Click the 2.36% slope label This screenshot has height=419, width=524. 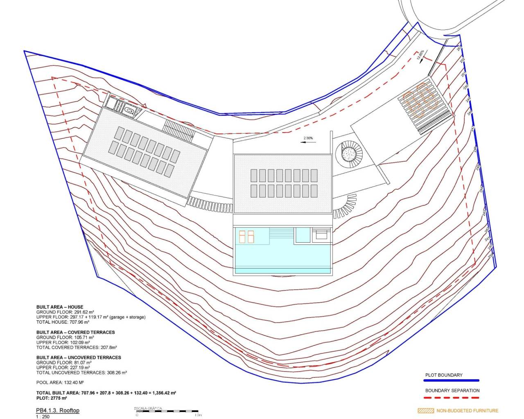pos(308,138)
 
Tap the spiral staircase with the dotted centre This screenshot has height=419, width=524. pos(349,153)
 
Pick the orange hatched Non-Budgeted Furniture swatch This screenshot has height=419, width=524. pos(425,410)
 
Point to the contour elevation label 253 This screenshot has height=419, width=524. pos(459,49)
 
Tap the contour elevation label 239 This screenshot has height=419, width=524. pos(490,256)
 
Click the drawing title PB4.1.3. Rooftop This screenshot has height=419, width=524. pos(58,410)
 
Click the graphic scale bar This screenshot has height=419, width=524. pos(167,411)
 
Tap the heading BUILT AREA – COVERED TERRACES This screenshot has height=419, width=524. pos(75,332)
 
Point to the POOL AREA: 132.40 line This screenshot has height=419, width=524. pos(60,383)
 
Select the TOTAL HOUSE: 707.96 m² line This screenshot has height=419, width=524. pos(63,322)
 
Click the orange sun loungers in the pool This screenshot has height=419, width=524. pos(247,237)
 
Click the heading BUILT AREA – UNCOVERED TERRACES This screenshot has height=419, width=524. pos(79,357)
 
